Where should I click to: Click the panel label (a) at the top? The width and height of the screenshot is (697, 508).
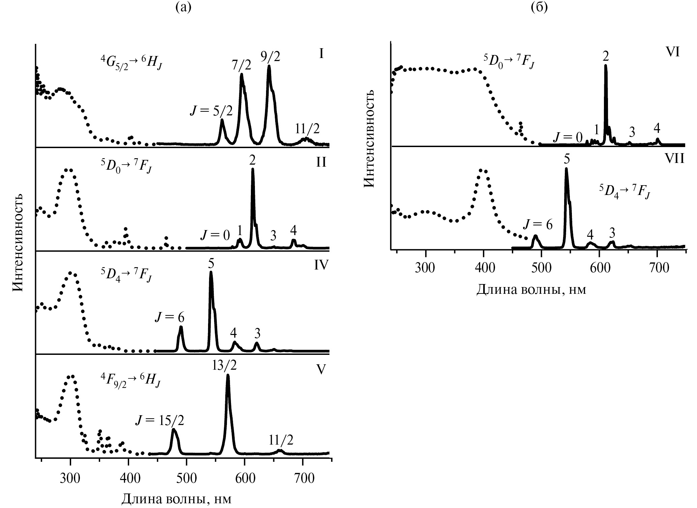(183, 7)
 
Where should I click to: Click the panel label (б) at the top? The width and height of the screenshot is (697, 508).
(539, 7)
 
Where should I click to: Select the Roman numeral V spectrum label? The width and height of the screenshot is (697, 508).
(321, 369)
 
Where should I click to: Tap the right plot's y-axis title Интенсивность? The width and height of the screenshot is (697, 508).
(370, 138)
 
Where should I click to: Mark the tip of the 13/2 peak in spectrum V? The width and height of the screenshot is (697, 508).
(228, 375)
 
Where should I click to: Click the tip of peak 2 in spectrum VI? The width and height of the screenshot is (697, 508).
(606, 65)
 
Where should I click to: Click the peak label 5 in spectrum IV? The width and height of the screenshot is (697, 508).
(211, 265)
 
